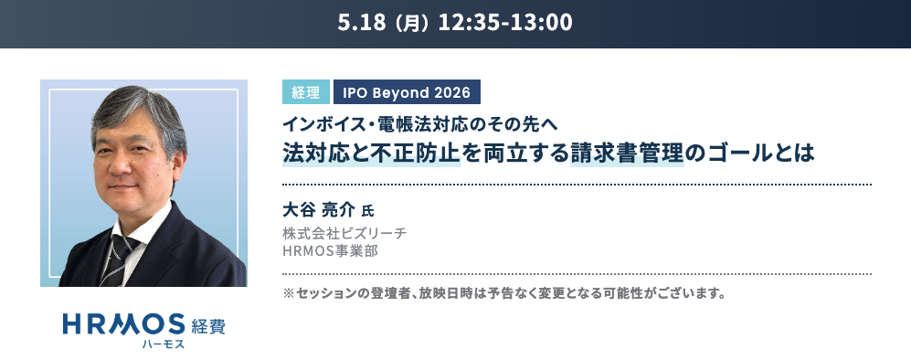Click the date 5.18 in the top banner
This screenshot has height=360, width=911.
click(362, 22)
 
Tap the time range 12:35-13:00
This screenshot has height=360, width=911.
click(505, 22)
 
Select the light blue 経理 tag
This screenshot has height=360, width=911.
click(305, 91)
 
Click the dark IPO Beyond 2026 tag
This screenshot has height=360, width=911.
click(407, 91)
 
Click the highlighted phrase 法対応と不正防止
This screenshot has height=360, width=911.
click(371, 152)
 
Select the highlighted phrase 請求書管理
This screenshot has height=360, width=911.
click(627, 152)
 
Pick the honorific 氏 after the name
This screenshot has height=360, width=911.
click(367, 211)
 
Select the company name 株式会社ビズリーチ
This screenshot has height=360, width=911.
click(344, 234)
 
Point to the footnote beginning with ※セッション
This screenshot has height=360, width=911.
click(504, 293)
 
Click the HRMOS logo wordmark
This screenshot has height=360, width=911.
click(123, 324)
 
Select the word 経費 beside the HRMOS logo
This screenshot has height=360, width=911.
click(208, 326)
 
